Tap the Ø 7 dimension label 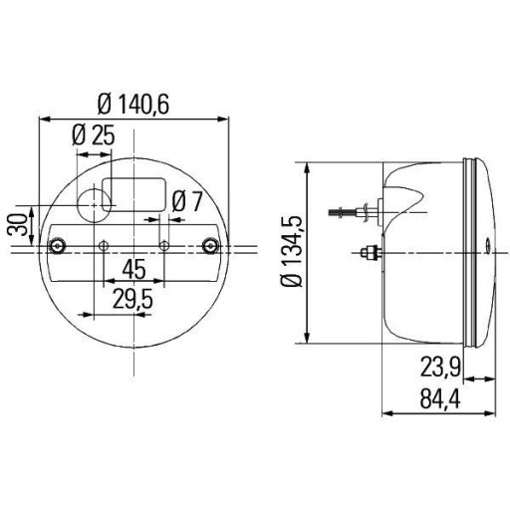(x=186, y=200)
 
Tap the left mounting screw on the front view (x=61, y=244)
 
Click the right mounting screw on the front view (x=209, y=244)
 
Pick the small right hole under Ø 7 (x=164, y=245)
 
